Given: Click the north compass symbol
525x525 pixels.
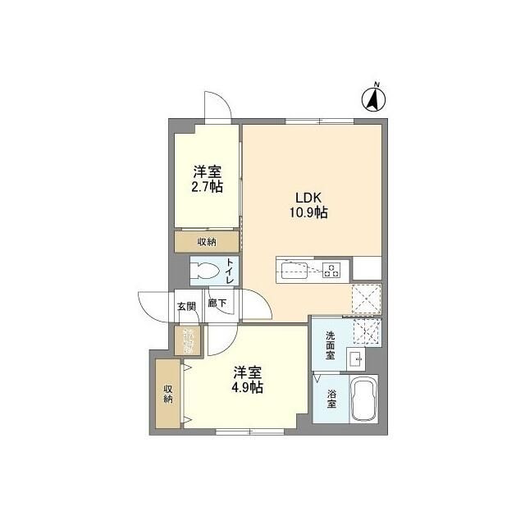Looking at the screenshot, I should pos(374,99).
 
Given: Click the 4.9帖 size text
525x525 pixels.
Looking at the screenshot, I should pos(246,387).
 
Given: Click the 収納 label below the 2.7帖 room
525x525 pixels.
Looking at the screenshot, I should pos(207,241).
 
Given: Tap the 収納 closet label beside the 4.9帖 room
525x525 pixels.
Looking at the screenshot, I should pos(167,393).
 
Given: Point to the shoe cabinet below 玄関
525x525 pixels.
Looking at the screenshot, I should pos(188,340).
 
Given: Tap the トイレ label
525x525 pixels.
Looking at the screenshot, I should pos(230,271).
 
